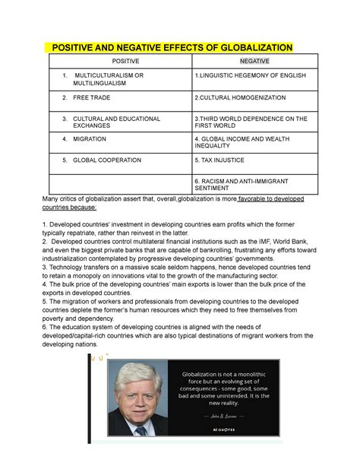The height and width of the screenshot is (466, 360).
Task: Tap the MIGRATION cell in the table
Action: [x=90, y=139]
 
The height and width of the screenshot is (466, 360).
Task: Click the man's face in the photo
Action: [x=141, y=387]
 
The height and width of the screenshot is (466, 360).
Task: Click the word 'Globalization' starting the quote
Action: [x=197, y=372]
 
